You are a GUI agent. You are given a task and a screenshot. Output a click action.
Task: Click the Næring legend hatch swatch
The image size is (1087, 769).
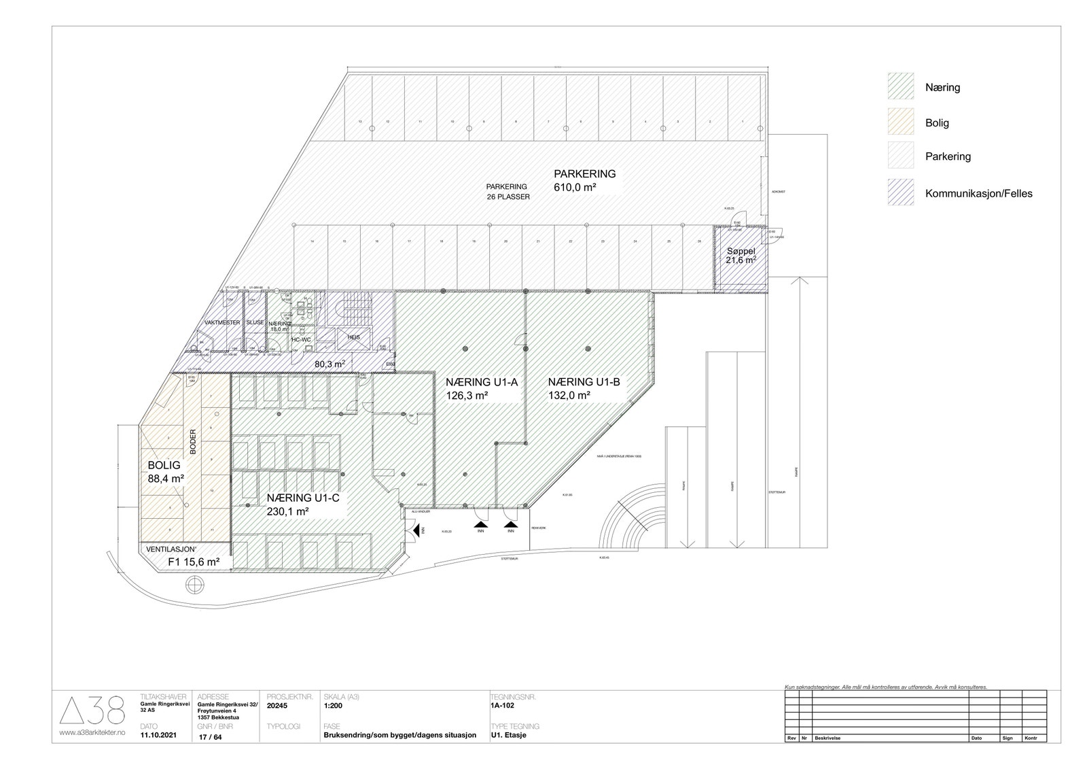click(900, 87)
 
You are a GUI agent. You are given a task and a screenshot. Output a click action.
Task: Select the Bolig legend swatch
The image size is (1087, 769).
click(900, 122)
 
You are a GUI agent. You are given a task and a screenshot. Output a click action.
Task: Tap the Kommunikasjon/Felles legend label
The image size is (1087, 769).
click(978, 193)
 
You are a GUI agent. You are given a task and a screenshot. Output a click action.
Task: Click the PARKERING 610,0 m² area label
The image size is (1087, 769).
click(584, 180)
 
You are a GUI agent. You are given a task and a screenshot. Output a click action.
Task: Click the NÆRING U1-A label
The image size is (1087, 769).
click(481, 382)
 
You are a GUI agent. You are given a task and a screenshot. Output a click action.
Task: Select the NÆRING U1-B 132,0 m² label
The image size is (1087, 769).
click(584, 388)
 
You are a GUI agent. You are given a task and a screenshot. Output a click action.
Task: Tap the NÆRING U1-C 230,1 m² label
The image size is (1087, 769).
click(302, 505)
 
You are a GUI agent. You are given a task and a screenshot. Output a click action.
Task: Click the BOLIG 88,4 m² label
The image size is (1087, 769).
click(165, 472)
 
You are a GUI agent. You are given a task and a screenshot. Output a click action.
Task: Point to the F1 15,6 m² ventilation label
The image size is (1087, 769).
click(193, 562)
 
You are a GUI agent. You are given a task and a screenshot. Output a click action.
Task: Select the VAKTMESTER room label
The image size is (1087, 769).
click(221, 322)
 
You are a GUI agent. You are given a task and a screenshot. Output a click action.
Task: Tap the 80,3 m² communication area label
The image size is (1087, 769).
click(329, 364)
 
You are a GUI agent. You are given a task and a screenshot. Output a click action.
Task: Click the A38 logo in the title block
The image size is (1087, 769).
click(92, 711)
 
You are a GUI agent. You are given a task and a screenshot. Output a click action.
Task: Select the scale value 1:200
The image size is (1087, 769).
click(334, 706)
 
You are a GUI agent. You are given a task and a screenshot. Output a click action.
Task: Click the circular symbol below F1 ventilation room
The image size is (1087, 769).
click(194, 584)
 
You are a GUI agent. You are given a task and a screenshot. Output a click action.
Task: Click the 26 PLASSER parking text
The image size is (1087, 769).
click(508, 196)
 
